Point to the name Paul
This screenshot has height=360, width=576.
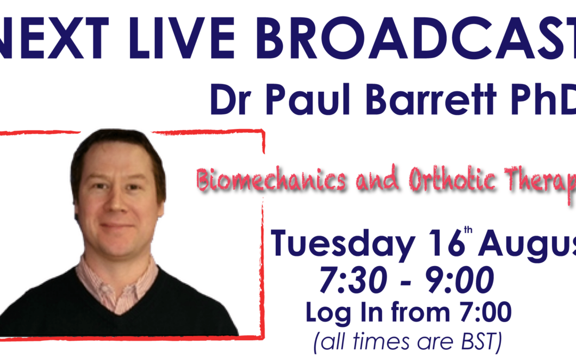tap(308, 99)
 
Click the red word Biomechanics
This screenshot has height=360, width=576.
tap(271, 180)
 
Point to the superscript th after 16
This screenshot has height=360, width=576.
tap(468, 230)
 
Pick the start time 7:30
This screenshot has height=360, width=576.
tap(353, 280)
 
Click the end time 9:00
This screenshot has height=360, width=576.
tap(460, 280)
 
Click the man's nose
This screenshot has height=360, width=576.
tap(117, 204)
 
